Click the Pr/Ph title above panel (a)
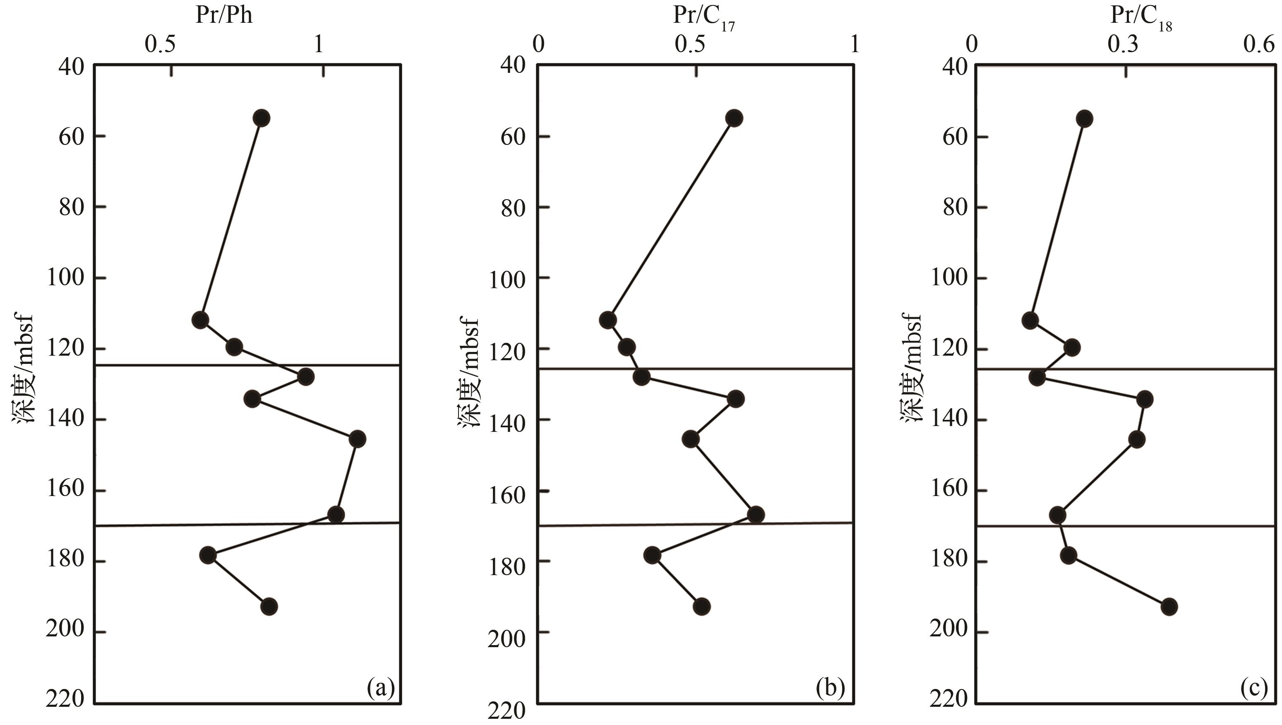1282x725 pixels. (x=224, y=15)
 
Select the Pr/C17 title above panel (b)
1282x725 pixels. (x=704, y=17)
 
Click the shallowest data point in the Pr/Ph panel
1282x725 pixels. (x=261, y=118)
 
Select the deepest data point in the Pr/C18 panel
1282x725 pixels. (x=1169, y=607)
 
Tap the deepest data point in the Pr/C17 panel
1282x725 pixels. (x=702, y=607)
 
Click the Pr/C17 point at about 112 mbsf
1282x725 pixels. (x=607, y=320)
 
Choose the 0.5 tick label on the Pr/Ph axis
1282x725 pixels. (x=160, y=44)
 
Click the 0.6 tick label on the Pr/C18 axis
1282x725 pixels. (x=1259, y=44)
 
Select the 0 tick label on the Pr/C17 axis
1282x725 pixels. (x=538, y=44)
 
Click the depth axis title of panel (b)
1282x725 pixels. (x=468, y=373)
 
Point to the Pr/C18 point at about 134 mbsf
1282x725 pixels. (x=1145, y=399)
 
